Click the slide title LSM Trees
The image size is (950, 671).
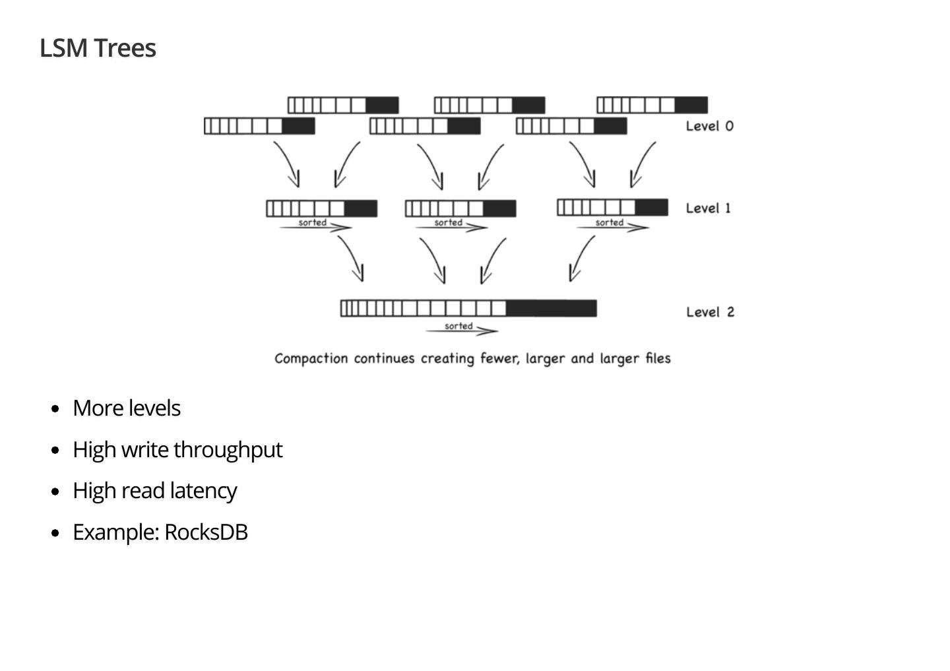pyautogui.click(x=98, y=48)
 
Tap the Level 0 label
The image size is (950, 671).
pyautogui.click(x=709, y=126)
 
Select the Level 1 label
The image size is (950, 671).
pyautogui.click(x=708, y=208)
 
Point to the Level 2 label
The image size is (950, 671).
pyautogui.click(x=710, y=312)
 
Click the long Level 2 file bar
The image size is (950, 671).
pyautogui.click(x=468, y=308)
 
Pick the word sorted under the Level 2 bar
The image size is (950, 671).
pyautogui.click(x=459, y=326)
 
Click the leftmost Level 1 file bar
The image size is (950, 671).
pyautogui.click(x=322, y=208)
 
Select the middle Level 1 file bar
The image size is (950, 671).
pyautogui.click(x=460, y=208)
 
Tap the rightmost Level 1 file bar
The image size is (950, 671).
pyautogui.click(x=612, y=207)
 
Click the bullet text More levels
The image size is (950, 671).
pyautogui.click(x=127, y=408)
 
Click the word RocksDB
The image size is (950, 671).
pyautogui.click(x=206, y=532)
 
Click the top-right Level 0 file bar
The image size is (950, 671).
pyautogui.click(x=652, y=105)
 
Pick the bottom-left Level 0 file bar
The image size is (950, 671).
pyautogui.click(x=259, y=126)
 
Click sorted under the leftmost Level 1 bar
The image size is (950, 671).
pyautogui.click(x=312, y=222)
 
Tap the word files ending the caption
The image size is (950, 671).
pyautogui.click(x=658, y=358)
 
